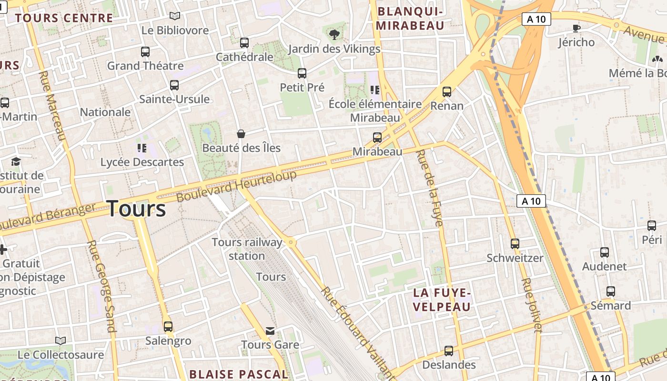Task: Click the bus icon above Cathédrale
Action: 244,43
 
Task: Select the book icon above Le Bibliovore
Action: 175,16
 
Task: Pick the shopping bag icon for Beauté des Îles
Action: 241,134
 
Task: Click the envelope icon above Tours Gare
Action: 270,331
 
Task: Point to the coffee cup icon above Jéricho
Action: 576,28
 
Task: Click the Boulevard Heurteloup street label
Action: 236,186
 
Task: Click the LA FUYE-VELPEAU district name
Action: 442,300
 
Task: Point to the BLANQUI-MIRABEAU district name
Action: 410,18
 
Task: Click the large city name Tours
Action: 136,209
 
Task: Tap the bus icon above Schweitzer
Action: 515,244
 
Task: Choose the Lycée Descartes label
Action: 142,162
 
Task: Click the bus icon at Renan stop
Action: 447,92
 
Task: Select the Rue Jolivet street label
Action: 532,305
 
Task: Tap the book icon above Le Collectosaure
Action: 61,341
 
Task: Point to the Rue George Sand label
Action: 101,286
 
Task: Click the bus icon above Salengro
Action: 168,327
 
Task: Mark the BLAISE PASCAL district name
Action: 239,374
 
